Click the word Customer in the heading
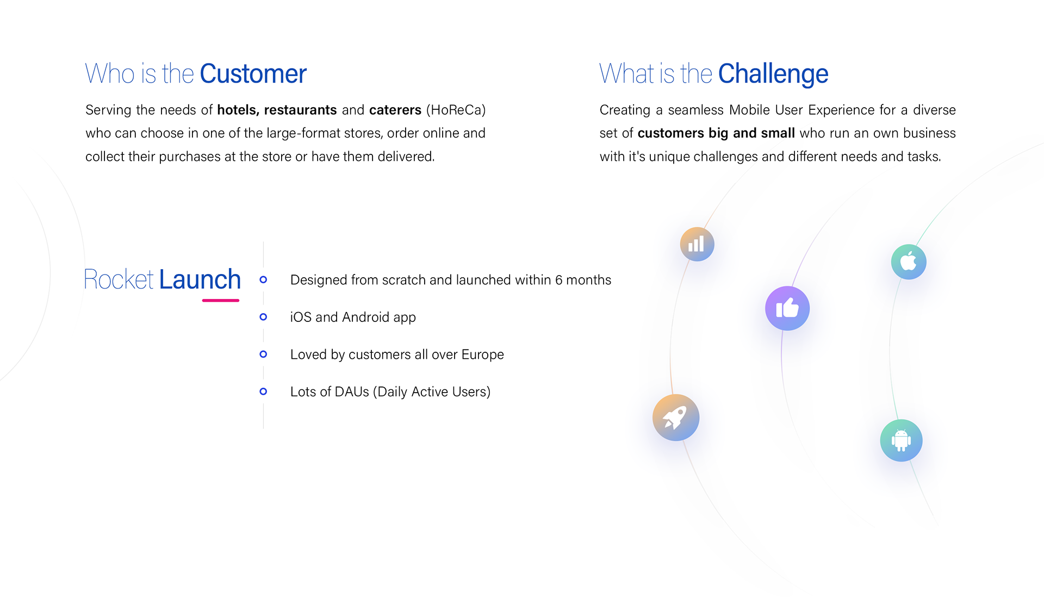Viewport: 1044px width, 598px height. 253,74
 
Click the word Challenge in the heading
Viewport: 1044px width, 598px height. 773,74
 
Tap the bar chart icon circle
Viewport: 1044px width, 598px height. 697,244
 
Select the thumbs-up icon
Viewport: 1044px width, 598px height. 787,308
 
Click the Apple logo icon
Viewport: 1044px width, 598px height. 908,261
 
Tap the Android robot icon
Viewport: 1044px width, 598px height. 901,440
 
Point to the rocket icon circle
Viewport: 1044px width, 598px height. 675,418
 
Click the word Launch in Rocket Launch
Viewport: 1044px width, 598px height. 200,279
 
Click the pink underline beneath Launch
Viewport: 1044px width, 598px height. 221,300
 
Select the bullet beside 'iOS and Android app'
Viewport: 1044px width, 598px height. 263,317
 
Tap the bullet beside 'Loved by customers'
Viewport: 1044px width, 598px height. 263,354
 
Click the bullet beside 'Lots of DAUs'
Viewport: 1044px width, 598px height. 263,391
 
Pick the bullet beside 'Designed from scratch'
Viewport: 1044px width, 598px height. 263,279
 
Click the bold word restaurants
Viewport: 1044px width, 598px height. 300,110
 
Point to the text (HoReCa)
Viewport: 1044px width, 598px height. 456,110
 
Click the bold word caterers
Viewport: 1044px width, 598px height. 395,110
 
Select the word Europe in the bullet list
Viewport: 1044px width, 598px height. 482,354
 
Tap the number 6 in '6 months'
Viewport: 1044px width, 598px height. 558,280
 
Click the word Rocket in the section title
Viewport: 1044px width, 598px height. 119,279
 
